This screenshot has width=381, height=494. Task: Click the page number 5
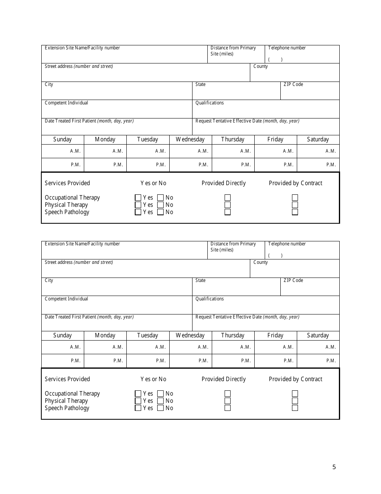point(334,467)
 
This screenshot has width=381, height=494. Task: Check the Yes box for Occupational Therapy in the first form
point(138,198)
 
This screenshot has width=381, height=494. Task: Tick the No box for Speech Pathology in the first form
point(160,212)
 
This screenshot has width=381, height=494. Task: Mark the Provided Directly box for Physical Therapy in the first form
point(227,205)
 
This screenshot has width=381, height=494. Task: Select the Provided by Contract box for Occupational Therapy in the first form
point(295,198)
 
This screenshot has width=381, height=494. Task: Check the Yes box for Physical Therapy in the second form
point(138,401)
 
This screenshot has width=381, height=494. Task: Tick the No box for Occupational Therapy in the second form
point(160,394)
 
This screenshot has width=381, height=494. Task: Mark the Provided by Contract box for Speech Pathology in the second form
point(295,408)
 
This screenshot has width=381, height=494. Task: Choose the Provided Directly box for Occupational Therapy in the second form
point(227,394)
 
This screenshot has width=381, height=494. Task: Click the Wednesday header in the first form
point(190,139)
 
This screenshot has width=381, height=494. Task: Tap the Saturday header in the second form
point(318,335)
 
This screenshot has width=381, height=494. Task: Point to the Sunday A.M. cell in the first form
point(63,151)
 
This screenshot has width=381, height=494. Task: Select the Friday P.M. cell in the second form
point(276,361)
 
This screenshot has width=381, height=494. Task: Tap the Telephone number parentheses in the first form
point(276,59)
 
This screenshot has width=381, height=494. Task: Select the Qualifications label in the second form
point(209,299)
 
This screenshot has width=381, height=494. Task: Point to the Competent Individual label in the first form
point(66,103)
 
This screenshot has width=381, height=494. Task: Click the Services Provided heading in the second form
point(67,379)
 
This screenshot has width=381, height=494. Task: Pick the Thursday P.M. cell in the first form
point(233,165)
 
